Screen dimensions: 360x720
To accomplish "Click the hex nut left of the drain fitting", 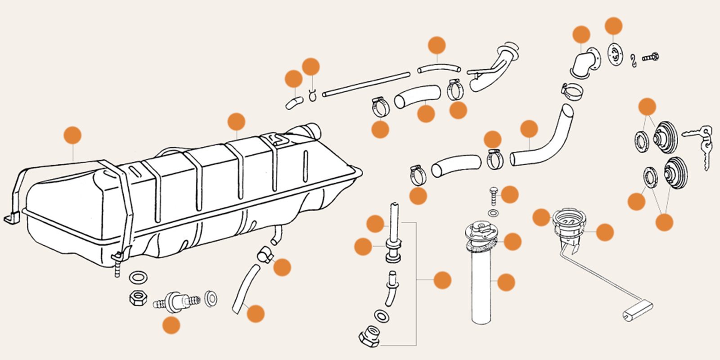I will click(136, 298).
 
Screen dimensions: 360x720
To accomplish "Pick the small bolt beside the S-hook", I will click(650, 58).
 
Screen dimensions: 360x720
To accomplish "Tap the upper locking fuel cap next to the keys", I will click(665, 137).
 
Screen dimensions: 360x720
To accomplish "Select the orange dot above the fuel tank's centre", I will click(236, 122).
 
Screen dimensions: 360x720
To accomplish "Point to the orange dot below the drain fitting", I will click(171, 325).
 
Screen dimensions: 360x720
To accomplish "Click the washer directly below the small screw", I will click(493, 212).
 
